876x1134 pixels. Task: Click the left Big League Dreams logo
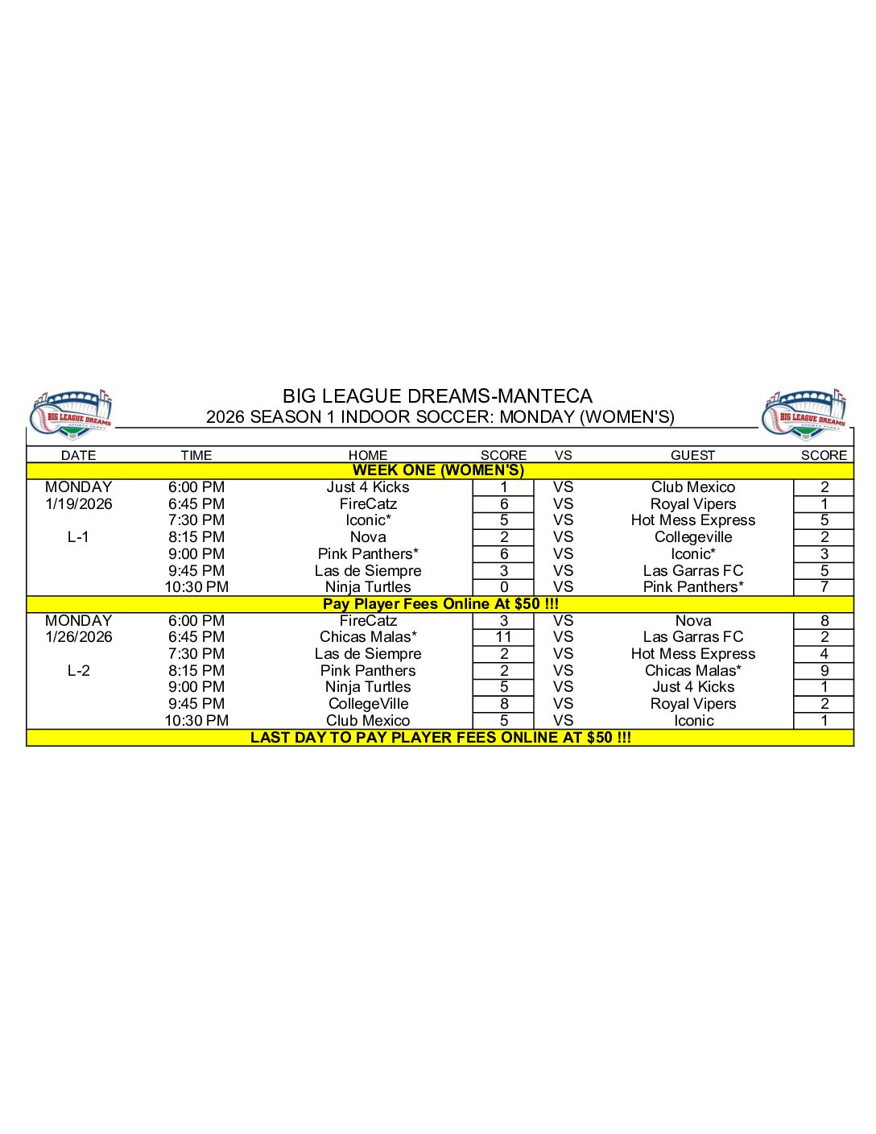coord(71,414)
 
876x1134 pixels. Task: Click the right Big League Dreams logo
coord(804,414)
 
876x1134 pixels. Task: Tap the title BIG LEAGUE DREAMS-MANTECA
coord(437,396)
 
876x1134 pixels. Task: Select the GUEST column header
coord(692,455)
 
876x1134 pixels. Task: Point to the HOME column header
coord(368,455)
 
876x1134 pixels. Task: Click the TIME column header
coord(196,455)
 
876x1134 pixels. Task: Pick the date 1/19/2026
coord(79,504)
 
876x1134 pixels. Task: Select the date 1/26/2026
coord(79,637)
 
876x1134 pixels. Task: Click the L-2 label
coord(79,671)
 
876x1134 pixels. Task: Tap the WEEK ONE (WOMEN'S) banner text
coord(438,470)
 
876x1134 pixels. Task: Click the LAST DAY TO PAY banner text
coord(440,738)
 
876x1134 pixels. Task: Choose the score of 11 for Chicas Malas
coord(503,637)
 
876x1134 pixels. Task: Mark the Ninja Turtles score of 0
coord(503,587)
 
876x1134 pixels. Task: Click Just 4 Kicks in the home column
coord(368,487)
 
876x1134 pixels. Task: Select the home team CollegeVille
coord(368,704)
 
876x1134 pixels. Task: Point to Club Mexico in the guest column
coord(693,487)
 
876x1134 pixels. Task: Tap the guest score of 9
coord(824,671)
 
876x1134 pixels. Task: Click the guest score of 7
coord(824,587)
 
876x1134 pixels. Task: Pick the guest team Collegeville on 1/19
coord(693,537)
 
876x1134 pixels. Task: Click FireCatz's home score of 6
coord(503,504)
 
